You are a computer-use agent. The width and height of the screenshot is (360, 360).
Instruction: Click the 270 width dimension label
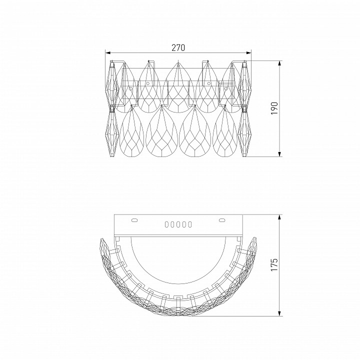[x=178, y=47]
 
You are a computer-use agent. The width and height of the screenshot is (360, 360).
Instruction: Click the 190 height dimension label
[x=274, y=108]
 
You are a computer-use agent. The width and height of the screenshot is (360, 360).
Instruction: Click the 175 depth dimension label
[x=274, y=264]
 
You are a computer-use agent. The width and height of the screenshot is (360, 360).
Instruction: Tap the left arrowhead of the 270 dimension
[x=107, y=53]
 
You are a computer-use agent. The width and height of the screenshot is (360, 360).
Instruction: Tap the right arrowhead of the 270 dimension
[x=248, y=53]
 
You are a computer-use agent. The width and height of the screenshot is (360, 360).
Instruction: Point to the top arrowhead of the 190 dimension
[x=279, y=63]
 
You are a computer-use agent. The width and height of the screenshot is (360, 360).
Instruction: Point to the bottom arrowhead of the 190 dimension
[x=279, y=154]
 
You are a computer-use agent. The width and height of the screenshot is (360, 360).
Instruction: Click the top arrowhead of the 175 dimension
[x=279, y=217]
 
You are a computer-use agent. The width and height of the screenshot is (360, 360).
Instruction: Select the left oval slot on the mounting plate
[x=134, y=220]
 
